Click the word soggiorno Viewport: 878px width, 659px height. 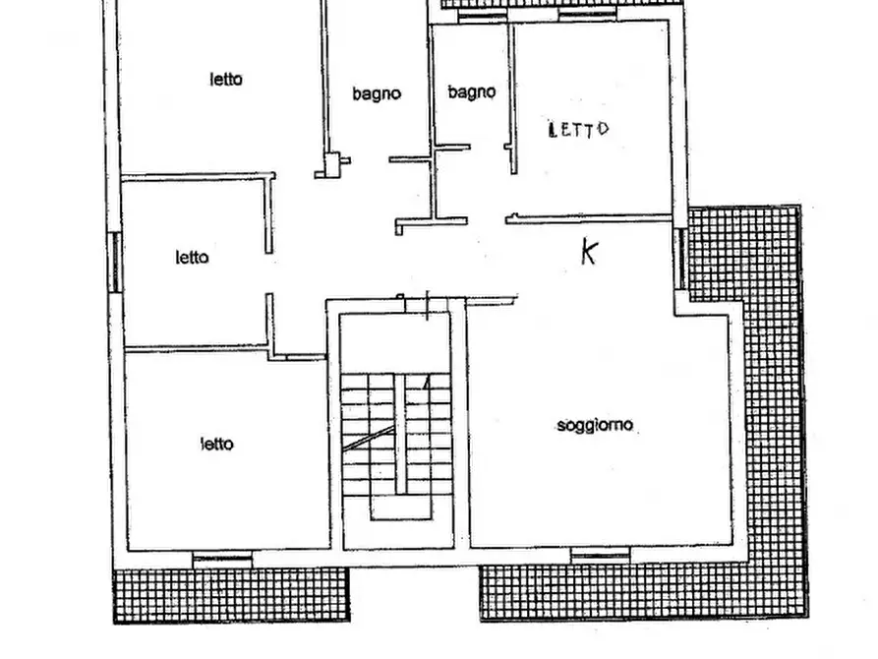pos(595,426)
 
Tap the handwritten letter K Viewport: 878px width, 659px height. pos(589,251)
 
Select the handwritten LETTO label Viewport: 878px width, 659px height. pos(578,130)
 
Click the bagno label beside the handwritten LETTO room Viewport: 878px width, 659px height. pos(472,91)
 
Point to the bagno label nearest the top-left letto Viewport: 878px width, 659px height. pos(377,93)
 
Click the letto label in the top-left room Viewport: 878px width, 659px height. pos(226,79)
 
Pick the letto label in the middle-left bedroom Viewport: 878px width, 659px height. pos(192,258)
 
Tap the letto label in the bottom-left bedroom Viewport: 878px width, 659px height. pos(216,445)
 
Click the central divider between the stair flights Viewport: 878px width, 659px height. pos(400,434)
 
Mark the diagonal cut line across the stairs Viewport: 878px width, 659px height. pos(369,438)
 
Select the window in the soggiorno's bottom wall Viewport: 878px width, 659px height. pos(601,556)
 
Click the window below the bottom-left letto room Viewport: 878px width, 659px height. pos(222,560)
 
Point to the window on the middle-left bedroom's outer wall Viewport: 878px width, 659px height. pos(115,263)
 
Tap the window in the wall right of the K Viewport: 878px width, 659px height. pos(681,259)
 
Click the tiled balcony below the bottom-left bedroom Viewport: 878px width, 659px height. pos(231,595)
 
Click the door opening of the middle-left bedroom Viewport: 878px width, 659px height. pos(269,272)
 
